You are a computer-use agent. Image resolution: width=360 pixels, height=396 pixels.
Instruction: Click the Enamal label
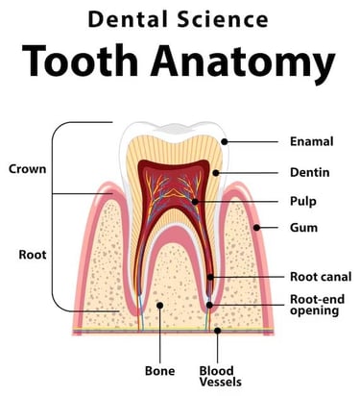point(312,141)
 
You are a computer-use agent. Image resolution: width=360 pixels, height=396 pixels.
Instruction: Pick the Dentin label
point(310,172)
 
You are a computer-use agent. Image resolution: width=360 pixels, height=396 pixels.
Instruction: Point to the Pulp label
point(303,202)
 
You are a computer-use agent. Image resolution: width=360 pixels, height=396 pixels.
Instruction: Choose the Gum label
point(303,229)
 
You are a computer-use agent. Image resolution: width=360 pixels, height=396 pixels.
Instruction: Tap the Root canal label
point(318,276)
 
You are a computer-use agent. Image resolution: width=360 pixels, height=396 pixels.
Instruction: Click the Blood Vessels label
point(217,375)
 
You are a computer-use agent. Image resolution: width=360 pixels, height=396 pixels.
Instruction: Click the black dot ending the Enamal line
point(223,141)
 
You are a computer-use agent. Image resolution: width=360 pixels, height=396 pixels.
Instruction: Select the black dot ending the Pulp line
point(196,202)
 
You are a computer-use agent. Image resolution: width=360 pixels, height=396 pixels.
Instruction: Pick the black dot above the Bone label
point(160,306)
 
